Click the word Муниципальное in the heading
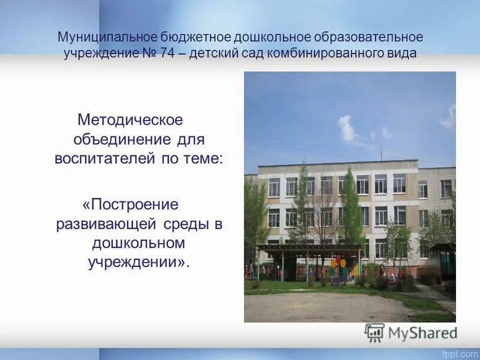101,37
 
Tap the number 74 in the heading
166,53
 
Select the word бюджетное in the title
179,37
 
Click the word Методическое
131,119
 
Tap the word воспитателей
101,159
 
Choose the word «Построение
131,204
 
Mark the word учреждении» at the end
139,263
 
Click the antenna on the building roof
381,154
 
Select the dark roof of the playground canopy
307,247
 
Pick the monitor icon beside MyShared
375,332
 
